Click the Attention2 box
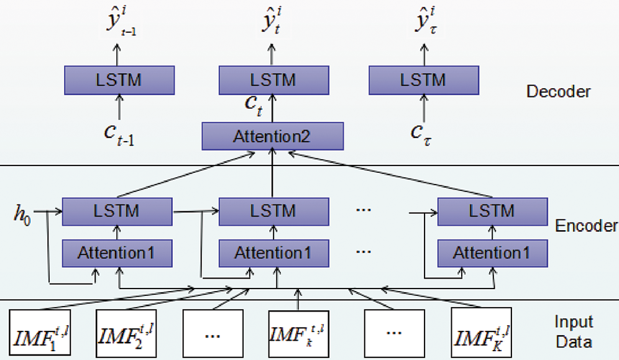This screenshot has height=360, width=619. coord(272,136)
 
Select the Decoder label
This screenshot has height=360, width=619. coord(558,92)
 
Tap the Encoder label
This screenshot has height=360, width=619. coord(586,225)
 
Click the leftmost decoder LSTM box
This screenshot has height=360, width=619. coord(119,80)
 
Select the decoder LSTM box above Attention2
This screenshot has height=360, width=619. coord(272,80)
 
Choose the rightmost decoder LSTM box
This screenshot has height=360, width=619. coord(424,80)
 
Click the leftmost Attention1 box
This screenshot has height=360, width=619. coord(116,253)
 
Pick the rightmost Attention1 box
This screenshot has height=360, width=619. coord(492,253)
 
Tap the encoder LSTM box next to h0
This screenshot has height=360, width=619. coord(116,211)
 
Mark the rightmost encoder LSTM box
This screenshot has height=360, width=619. coord(492,211)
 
